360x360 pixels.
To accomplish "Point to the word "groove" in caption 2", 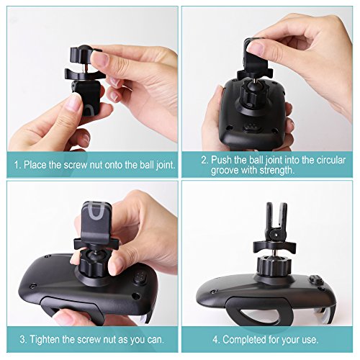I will pyautogui.click(x=228, y=171).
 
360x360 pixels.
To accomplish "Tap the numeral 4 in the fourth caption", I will pyautogui.click(x=215, y=338).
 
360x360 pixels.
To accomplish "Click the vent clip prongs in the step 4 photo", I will pyautogui.click(x=274, y=219).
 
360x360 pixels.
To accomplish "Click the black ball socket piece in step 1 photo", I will pyautogui.click(x=81, y=91).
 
